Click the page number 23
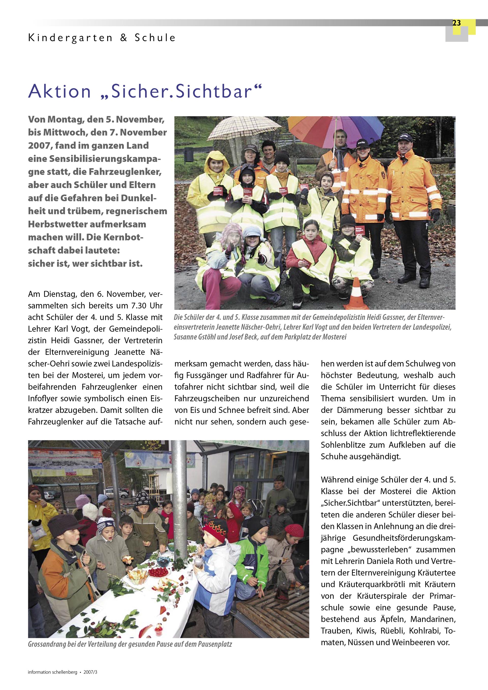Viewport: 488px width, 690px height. pos(456,23)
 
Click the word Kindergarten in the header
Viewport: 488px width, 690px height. pos(70,38)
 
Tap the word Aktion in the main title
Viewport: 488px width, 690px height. pos(59,91)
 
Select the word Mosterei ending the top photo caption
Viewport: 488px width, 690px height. pos(334,337)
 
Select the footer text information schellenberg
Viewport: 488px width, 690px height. pos(52,672)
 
